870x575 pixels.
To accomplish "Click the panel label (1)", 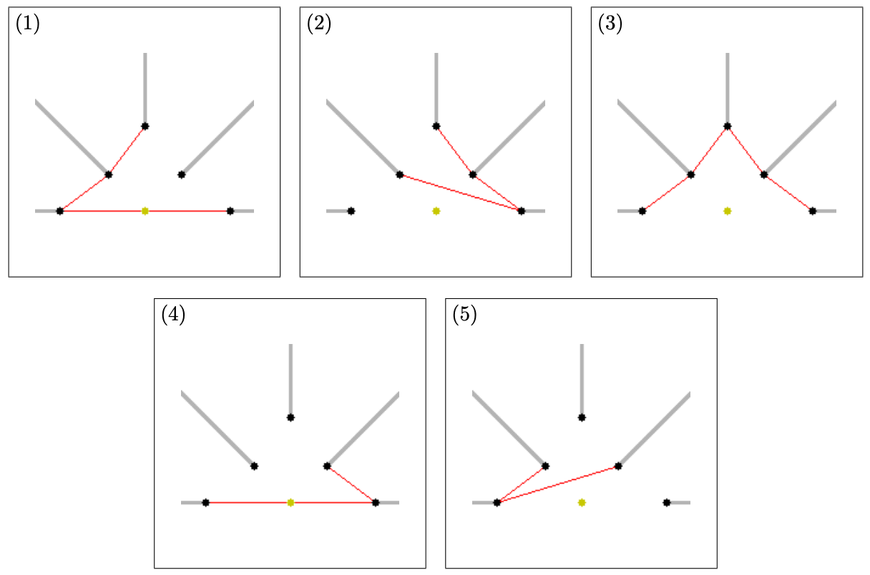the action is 28,24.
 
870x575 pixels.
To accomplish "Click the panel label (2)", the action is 319,24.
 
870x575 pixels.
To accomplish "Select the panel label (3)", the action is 610,24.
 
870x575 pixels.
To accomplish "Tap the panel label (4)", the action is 173,315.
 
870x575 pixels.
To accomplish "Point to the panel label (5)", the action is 464,315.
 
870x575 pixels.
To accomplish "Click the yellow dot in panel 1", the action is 145,211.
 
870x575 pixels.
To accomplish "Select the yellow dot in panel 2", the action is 436,211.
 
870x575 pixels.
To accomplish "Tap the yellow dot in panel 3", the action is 728,211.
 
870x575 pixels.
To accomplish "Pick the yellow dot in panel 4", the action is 290,503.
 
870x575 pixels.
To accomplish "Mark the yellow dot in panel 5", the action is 582,503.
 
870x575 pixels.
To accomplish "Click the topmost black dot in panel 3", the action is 728,126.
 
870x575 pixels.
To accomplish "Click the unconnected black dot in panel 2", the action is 351,211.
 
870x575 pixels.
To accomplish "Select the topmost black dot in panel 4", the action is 290,418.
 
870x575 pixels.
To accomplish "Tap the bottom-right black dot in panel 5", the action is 667,503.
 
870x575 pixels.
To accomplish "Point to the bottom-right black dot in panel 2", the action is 522,211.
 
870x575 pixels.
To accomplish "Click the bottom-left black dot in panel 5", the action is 497,503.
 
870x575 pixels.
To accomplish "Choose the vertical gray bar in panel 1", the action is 145,89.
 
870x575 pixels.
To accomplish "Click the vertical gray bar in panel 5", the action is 582,380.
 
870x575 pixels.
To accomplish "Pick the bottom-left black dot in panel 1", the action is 60,211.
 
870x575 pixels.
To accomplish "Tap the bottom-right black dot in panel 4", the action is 376,503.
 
